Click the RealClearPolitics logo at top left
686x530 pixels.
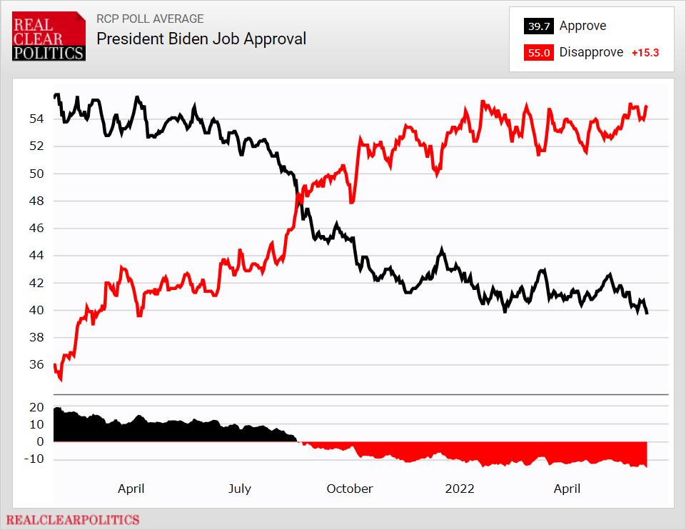click(x=49, y=36)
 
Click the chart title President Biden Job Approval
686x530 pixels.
click(x=201, y=39)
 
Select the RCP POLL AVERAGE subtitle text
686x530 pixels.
click(x=150, y=19)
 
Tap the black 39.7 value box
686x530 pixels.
click(x=538, y=26)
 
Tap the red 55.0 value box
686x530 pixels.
click(x=538, y=53)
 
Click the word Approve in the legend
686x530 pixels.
click(x=582, y=26)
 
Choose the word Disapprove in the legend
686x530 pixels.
click(x=591, y=53)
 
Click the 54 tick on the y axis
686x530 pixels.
click(x=37, y=119)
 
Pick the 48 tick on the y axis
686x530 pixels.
click(x=37, y=201)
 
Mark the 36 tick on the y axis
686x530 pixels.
click(x=37, y=365)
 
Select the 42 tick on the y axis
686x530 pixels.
click(x=37, y=283)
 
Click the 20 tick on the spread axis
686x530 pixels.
click(x=37, y=407)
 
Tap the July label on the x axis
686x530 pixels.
click(x=240, y=489)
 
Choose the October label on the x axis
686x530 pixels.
click(x=349, y=489)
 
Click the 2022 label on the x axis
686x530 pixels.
click(x=459, y=489)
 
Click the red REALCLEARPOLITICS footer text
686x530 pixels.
click(x=74, y=520)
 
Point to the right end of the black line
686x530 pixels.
click(x=647, y=313)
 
